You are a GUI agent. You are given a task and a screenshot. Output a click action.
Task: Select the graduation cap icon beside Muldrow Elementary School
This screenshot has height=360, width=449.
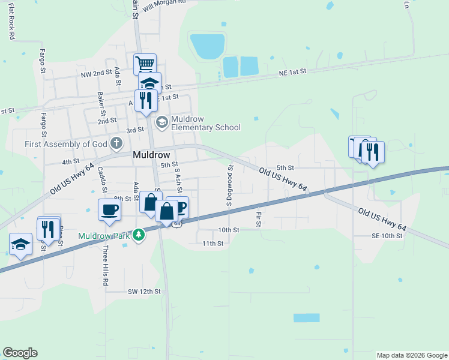(161, 122)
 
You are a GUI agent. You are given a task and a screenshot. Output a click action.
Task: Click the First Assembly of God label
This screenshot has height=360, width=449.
(66, 144)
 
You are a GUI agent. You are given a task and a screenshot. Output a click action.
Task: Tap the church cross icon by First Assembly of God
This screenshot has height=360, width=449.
(116, 143)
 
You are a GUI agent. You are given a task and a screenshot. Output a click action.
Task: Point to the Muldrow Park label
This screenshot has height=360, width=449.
(104, 235)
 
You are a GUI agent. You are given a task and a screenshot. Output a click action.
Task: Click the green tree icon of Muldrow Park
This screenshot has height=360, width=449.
(139, 235)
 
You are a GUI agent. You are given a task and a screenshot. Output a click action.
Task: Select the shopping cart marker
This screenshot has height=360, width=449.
(145, 63)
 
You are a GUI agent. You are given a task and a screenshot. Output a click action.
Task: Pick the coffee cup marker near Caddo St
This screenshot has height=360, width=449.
(110, 209)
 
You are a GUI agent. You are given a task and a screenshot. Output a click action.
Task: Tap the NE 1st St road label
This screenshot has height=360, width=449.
(292, 71)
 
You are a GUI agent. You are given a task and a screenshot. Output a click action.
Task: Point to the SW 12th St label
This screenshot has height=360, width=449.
(144, 292)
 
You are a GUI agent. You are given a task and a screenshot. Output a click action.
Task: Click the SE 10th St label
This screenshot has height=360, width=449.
(387, 236)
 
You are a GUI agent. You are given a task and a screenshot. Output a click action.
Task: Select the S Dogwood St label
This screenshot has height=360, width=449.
(229, 186)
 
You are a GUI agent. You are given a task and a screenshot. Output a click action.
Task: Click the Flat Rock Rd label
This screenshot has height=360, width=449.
(11, 24)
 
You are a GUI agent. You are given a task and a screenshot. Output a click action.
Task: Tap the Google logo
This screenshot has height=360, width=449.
(20, 353)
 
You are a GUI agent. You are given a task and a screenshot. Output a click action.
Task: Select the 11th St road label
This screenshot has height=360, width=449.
(212, 244)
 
